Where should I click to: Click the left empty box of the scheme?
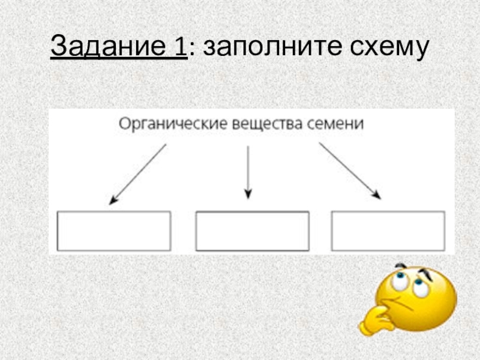(x=113, y=230)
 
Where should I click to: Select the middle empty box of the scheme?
(x=253, y=230)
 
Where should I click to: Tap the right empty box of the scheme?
(x=388, y=230)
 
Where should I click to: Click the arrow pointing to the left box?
(x=137, y=174)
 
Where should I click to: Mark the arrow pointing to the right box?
(x=349, y=170)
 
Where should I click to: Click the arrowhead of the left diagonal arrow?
(x=112, y=202)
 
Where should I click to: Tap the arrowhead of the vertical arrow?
(x=248, y=194)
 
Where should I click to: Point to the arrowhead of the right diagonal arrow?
(x=377, y=194)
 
